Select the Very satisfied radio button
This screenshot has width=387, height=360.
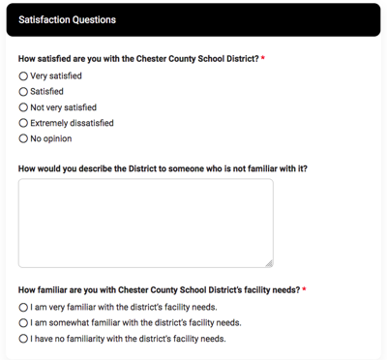(23, 75)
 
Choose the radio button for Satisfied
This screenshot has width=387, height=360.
(23, 92)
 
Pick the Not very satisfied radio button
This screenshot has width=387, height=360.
(23, 107)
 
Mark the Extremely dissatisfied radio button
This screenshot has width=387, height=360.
(23, 123)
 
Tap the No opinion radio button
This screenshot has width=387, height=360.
(23, 138)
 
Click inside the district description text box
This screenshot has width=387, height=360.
(145, 223)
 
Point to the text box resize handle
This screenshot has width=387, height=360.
(269, 262)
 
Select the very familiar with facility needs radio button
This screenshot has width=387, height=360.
(23, 307)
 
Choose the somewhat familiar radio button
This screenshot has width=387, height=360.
(23, 322)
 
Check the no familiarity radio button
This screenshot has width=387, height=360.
(23, 339)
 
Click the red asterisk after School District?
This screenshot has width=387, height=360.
(263, 58)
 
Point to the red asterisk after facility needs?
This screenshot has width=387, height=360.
(304, 289)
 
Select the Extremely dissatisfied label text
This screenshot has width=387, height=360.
(72, 123)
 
